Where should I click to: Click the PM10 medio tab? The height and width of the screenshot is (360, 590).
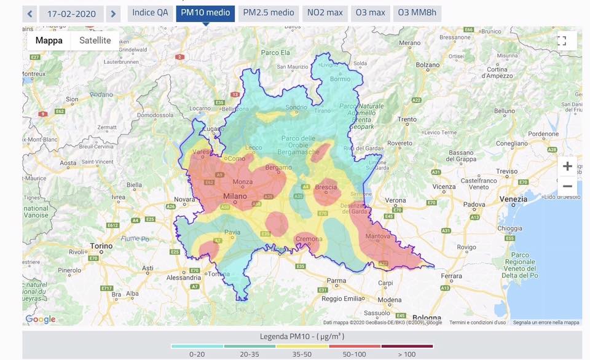click(205, 13)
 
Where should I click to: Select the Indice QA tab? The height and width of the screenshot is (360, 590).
click(150, 13)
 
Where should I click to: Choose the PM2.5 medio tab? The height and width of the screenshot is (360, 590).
click(269, 13)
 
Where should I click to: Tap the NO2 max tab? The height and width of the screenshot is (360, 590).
click(326, 13)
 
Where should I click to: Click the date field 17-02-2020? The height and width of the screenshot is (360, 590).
click(71, 14)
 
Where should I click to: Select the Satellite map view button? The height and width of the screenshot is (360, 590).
click(95, 41)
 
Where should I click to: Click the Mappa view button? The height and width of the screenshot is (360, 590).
click(49, 41)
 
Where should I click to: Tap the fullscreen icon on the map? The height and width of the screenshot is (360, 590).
click(561, 41)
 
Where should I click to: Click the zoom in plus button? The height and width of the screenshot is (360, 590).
click(567, 166)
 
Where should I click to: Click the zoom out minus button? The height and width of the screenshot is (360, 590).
click(567, 186)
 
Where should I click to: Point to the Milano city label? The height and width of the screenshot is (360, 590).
click(235, 197)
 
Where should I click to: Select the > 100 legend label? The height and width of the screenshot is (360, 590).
click(407, 354)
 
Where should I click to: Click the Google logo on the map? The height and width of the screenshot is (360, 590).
click(40, 319)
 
